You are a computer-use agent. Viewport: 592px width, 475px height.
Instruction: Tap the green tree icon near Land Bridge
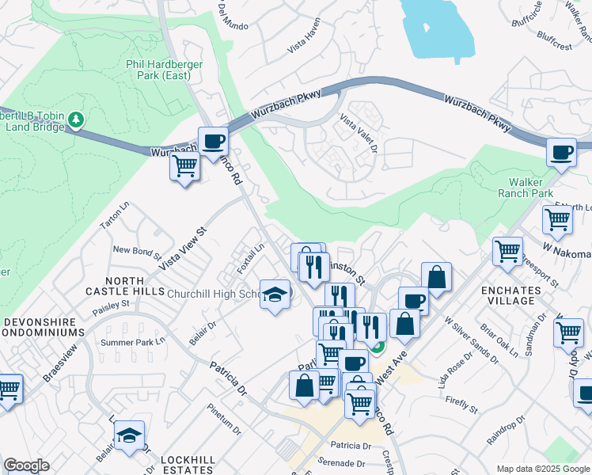coord(76,120)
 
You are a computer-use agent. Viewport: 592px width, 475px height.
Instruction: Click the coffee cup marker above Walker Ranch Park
coord(562,152)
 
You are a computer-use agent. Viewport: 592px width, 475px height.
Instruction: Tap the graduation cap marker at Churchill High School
coord(275,294)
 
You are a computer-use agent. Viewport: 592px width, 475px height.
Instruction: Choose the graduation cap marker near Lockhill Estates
coord(129,435)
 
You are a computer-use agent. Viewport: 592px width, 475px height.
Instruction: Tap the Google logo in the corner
coord(26,465)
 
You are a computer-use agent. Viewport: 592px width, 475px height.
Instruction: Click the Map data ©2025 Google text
coord(542,469)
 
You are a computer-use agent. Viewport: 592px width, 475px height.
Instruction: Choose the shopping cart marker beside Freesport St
coord(507,252)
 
